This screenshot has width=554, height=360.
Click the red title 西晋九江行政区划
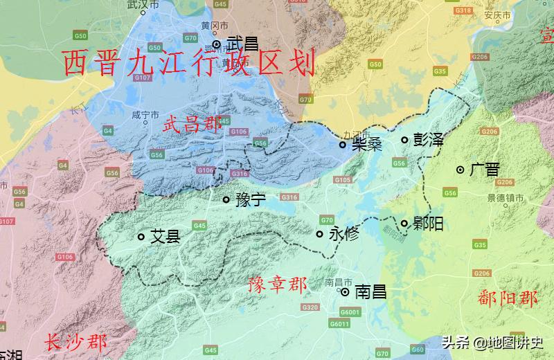click(189, 63)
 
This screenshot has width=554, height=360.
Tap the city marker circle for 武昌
click(217, 44)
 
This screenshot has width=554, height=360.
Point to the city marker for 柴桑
click(342, 145)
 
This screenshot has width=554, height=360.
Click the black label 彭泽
click(427, 140)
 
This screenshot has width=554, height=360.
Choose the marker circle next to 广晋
click(460, 170)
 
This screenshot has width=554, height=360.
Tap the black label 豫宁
click(251, 200)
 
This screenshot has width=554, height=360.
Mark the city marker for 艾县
click(141, 237)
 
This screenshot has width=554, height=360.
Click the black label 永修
click(343, 233)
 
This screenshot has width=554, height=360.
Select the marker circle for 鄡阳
click(404, 223)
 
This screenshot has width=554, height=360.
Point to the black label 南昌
click(370, 292)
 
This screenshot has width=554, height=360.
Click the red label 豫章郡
click(277, 285)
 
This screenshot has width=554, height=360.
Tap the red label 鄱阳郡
click(508, 298)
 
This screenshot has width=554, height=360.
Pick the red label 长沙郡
click(76, 342)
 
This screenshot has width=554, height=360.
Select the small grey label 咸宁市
click(145, 115)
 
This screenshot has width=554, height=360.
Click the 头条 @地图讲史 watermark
click(493, 342)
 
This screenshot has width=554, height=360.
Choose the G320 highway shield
click(310, 307)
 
